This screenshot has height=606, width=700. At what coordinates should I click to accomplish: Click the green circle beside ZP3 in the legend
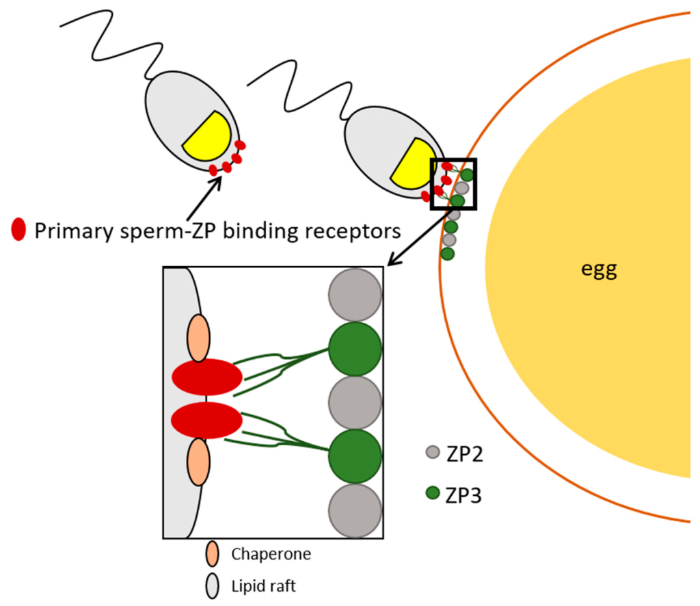pos(432,492)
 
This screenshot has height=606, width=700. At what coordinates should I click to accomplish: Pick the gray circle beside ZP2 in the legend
pos(432,452)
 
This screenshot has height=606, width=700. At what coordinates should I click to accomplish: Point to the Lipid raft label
pos(263,586)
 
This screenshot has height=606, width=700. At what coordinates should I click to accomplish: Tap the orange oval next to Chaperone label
pos(213,554)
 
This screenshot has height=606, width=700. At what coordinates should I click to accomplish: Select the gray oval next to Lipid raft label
pos(213,586)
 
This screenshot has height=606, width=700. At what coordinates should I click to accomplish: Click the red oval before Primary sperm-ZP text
pos(19,230)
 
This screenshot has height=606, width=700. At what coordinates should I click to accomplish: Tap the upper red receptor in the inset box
pos(207,377)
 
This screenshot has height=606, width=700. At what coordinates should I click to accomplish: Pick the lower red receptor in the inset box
pos(207,420)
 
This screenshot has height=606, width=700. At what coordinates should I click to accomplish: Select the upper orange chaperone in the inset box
pos(198,338)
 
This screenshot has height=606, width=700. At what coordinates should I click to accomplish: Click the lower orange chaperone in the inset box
pos(198,462)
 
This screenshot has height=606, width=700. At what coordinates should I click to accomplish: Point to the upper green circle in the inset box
pos(354,349)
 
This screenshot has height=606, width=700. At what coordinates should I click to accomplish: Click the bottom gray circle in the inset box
pos(354,510)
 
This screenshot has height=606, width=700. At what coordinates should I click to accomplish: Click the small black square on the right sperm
pos(453,183)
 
